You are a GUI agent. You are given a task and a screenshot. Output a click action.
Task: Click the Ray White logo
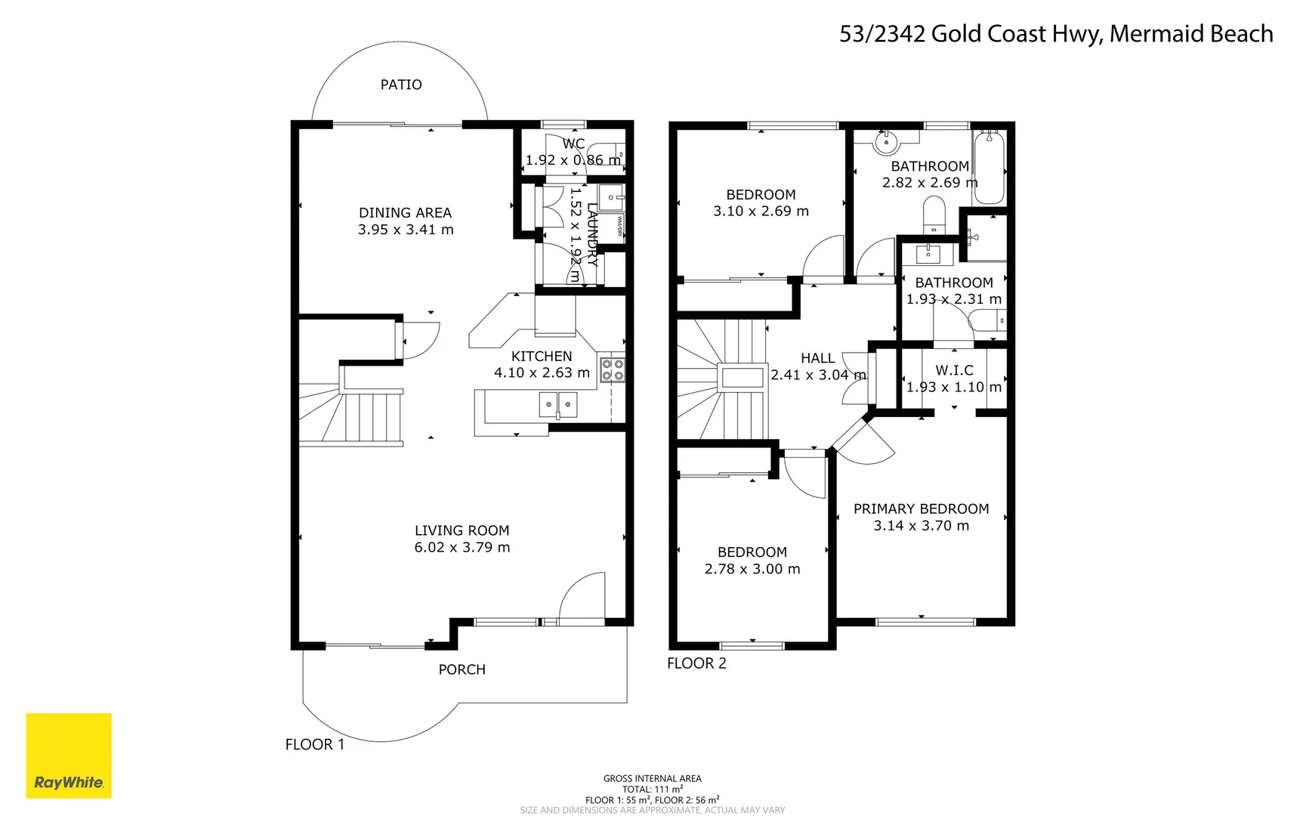(x=69, y=756)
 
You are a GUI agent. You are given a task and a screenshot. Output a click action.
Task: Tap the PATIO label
(x=401, y=85)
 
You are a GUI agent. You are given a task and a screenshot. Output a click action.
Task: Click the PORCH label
(x=462, y=669)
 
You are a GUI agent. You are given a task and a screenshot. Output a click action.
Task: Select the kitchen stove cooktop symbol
(x=613, y=369)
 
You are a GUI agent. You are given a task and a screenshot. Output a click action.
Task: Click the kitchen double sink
(x=558, y=405)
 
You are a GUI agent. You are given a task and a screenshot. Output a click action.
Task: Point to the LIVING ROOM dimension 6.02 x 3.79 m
(x=462, y=547)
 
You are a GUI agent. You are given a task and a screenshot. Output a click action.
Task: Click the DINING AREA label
(x=405, y=213)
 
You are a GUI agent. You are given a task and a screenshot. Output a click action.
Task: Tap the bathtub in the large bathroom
(x=989, y=167)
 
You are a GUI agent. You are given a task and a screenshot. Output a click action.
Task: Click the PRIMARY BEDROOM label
(x=921, y=509)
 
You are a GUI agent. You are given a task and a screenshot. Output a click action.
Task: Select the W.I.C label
(x=954, y=370)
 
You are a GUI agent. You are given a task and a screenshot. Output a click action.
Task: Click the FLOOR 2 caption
(x=696, y=663)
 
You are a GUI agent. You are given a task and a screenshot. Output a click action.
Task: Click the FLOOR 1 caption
(x=314, y=744)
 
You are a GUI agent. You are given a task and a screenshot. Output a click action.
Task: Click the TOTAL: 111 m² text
(x=652, y=789)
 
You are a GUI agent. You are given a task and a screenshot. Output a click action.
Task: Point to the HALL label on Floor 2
(x=817, y=358)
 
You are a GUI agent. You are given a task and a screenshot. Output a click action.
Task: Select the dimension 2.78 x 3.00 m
(x=752, y=569)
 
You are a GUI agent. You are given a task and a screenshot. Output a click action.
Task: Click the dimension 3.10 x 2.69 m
(x=761, y=212)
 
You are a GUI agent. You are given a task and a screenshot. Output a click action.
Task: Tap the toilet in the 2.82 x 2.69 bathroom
(x=934, y=215)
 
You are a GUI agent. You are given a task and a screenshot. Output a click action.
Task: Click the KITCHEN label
(x=542, y=356)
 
